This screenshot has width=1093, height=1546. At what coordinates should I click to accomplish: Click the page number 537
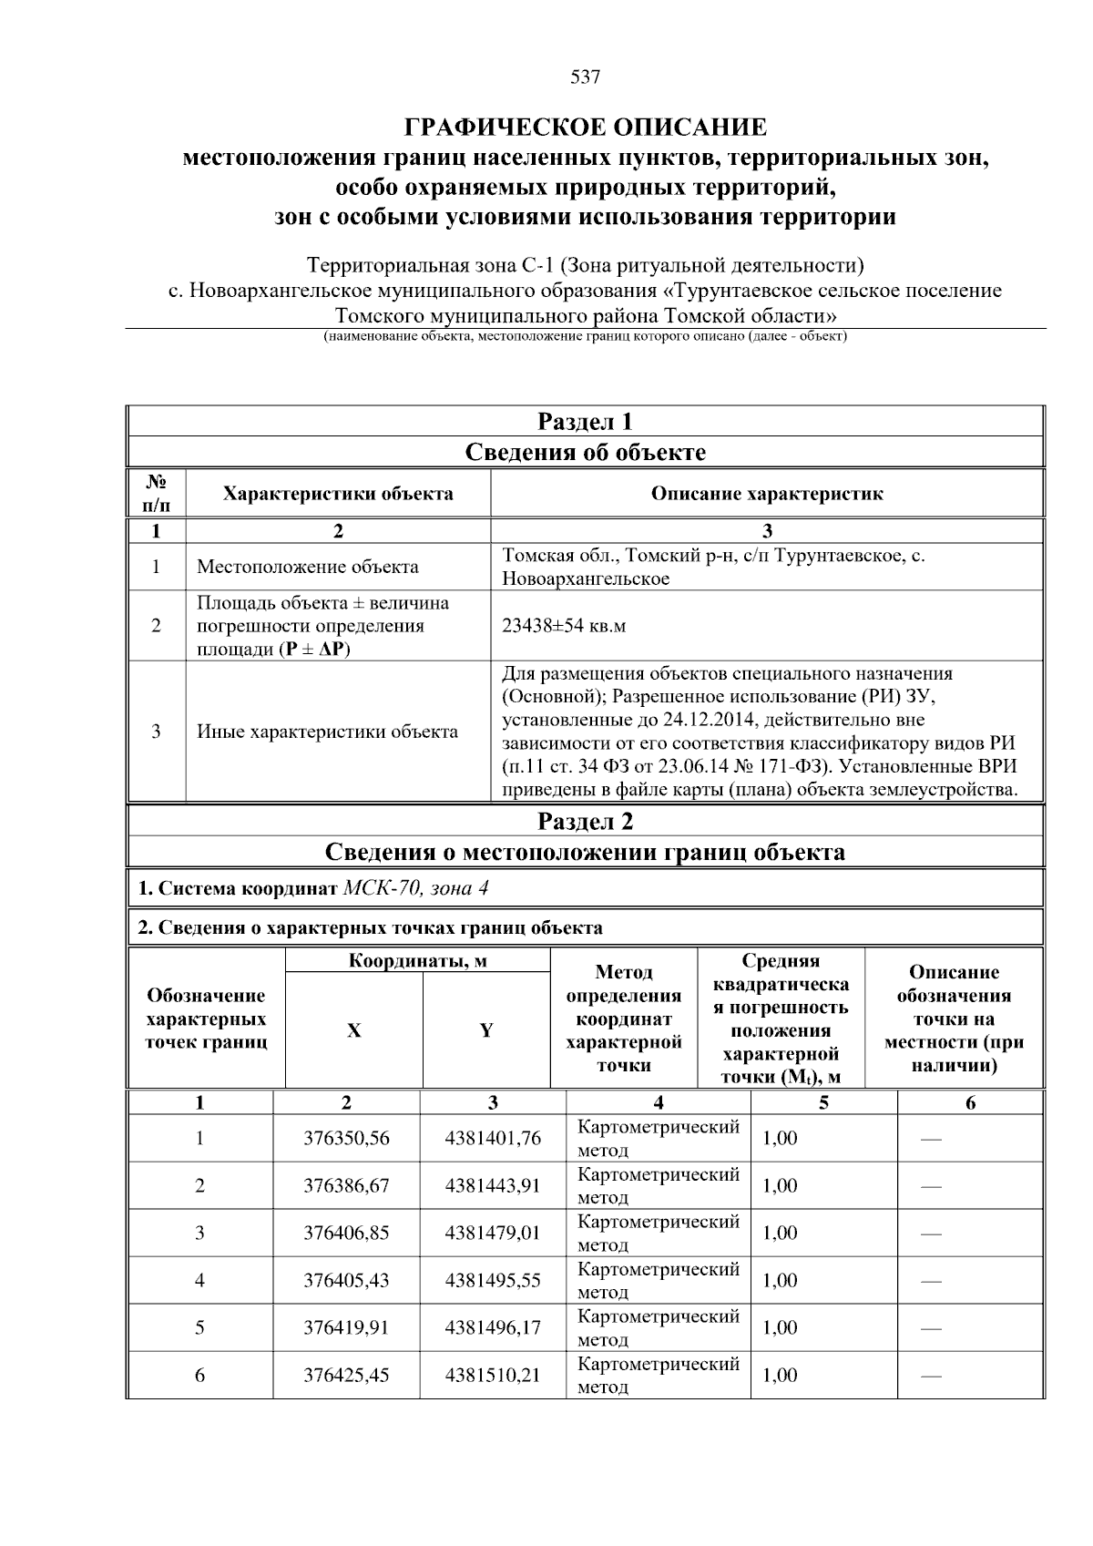pyautogui.click(x=585, y=77)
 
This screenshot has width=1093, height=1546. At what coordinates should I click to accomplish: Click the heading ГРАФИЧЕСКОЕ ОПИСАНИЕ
pyautogui.click(x=585, y=127)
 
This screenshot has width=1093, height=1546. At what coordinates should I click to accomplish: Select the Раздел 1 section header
pyautogui.click(x=585, y=422)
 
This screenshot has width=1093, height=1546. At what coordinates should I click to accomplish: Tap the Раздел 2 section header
pyautogui.click(x=585, y=822)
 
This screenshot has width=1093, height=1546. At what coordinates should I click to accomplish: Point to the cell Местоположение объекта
pyautogui.click(x=308, y=567)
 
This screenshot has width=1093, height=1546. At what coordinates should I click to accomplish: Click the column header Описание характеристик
pyautogui.click(x=766, y=494)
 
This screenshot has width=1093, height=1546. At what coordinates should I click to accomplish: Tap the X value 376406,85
pyautogui.click(x=346, y=1233)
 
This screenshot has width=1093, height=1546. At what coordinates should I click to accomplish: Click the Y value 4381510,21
pyautogui.click(x=492, y=1375)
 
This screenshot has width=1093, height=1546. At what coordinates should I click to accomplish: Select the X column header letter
pyautogui.click(x=353, y=1030)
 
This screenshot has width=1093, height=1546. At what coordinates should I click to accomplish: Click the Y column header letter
pyautogui.click(x=486, y=1030)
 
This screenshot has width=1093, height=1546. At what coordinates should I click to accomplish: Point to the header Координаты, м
pyautogui.click(x=418, y=961)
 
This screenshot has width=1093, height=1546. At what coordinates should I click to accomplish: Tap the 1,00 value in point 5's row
pyautogui.click(x=780, y=1327)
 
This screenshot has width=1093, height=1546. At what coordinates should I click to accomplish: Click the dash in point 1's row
pyautogui.click(x=931, y=1140)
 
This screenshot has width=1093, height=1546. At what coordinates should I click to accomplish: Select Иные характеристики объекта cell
pyautogui.click(x=328, y=732)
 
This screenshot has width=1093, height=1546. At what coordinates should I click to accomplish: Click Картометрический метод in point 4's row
pyautogui.click(x=658, y=1280)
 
